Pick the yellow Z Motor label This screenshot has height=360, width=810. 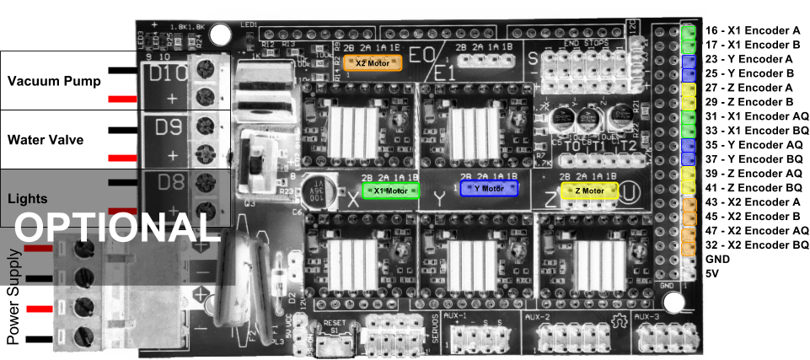[x=589, y=191]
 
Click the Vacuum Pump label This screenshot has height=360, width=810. [x=54, y=82]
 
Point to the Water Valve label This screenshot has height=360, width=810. [x=46, y=140]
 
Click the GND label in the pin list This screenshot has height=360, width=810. [x=719, y=260]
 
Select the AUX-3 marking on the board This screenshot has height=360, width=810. [x=648, y=316]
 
